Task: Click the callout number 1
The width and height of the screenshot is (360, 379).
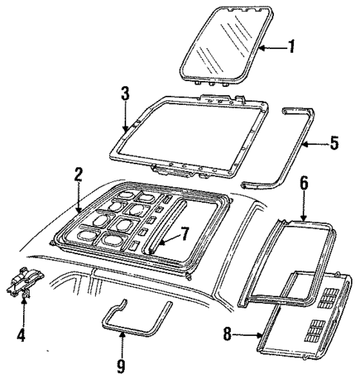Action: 292,48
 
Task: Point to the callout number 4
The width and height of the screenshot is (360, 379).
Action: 22,315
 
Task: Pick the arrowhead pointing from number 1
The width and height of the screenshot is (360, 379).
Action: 262,48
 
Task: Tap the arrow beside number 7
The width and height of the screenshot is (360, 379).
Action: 165,240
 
